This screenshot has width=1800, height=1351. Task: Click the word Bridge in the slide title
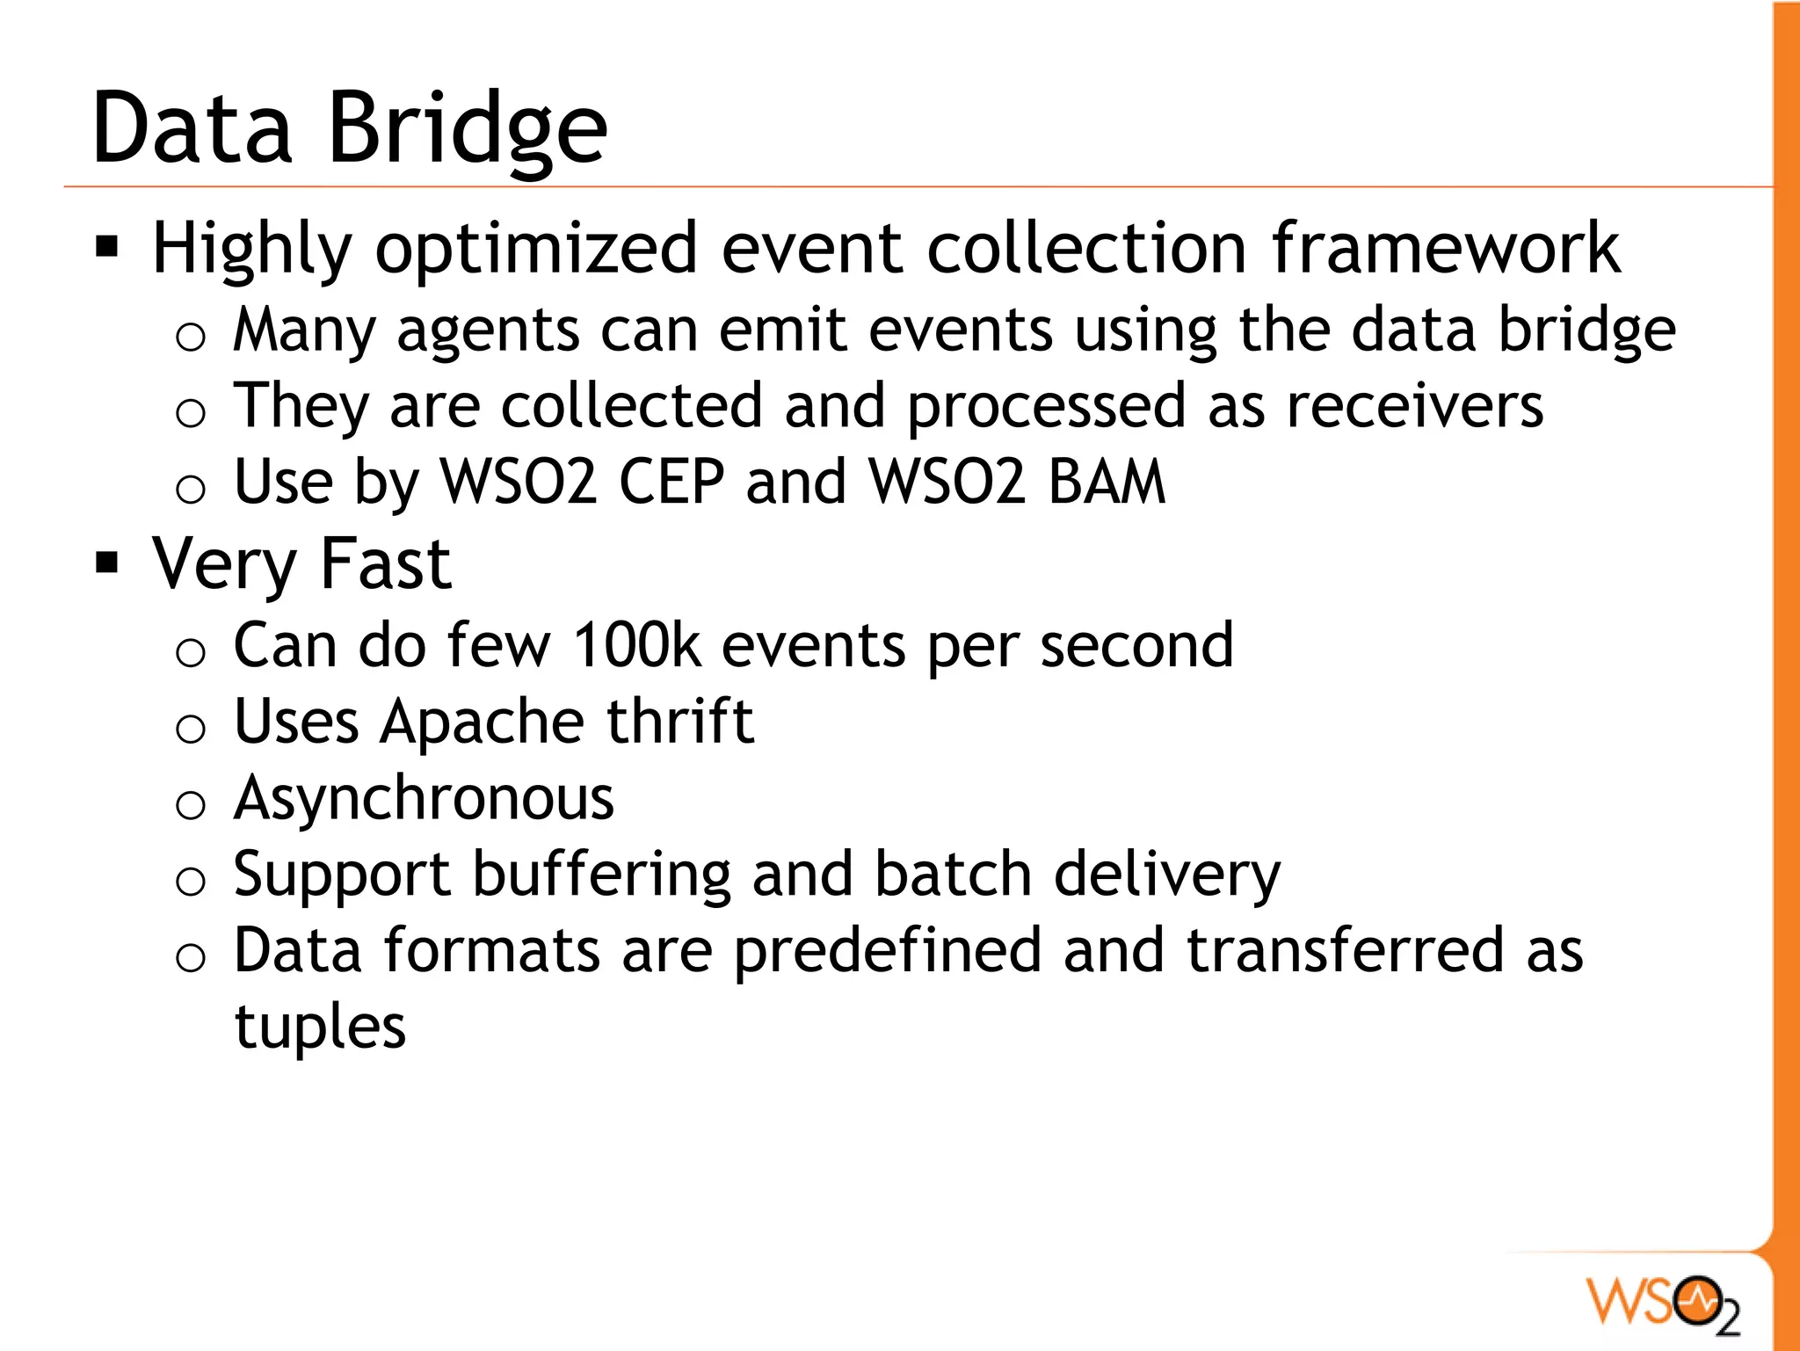(x=467, y=129)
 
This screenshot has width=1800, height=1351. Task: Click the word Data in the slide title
(x=192, y=129)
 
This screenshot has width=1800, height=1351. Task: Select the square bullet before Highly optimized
(x=107, y=248)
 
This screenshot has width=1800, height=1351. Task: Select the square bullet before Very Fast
(x=107, y=563)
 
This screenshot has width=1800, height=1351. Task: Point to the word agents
(x=488, y=332)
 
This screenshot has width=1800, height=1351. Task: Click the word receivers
(x=1414, y=406)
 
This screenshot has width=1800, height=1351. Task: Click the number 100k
(x=637, y=645)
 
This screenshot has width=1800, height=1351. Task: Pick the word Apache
(x=482, y=723)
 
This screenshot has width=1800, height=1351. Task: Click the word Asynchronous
(x=424, y=800)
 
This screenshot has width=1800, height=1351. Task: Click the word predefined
(x=888, y=952)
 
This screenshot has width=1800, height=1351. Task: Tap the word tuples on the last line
(x=320, y=1027)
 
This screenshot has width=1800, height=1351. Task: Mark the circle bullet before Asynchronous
(x=191, y=804)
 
